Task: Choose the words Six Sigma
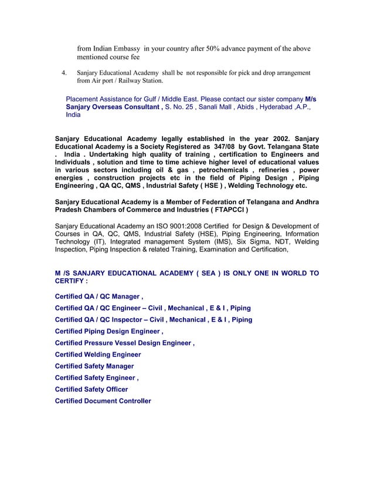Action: (x=252, y=241)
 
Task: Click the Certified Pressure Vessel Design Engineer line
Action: (x=124, y=343)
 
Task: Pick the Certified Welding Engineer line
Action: (x=98, y=355)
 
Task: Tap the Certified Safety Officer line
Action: (x=91, y=389)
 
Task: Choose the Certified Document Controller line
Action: (x=103, y=401)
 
